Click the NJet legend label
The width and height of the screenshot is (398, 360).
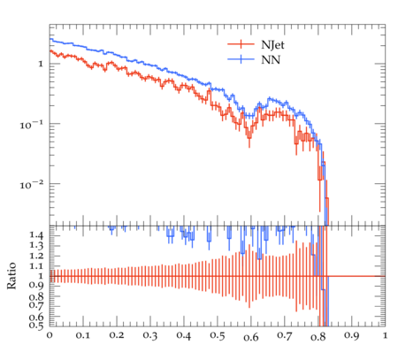(272, 45)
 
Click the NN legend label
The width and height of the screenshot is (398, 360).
(271, 60)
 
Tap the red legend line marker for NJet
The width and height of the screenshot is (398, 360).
(241, 44)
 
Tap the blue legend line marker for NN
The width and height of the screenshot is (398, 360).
(241, 59)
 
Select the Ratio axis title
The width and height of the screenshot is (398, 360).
(11, 276)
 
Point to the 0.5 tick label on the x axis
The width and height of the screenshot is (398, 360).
(218, 336)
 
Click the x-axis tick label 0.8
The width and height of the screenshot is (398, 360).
(318, 336)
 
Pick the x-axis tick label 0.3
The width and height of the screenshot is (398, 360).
(150, 335)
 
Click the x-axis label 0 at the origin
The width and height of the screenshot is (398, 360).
(50, 335)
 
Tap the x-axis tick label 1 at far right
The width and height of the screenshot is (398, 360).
(385, 335)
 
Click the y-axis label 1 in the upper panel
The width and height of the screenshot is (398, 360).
(41, 64)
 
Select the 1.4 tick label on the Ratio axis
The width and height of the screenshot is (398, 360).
(36, 235)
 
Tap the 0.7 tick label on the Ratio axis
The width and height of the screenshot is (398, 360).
(36, 305)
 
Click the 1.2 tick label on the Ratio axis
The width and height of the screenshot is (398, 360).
(36, 256)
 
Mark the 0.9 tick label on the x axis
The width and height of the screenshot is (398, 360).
(351, 335)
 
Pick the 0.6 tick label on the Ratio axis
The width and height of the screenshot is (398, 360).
(36, 317)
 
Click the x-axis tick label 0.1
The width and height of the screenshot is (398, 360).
(83, 335)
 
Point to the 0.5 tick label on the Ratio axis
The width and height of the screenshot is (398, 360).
(36, 325)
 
